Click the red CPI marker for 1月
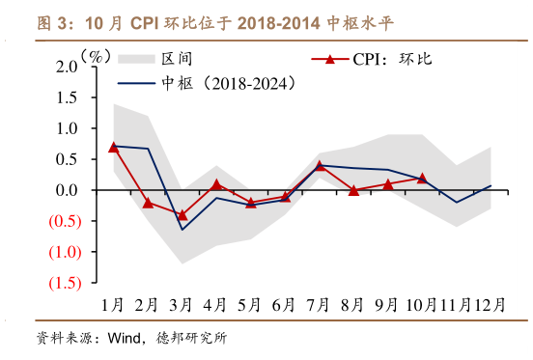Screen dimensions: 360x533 pyautogui.click(x=114, y=147)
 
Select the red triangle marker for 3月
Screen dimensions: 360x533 pyautogui.click(x=182, y=215)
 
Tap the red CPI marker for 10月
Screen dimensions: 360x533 pyautogui.click(x=422, y=179)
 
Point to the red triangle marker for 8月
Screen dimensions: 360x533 pyautogui.click(x=353, y=190)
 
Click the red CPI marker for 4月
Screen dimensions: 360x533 pyautogui.click(x=217, y=183)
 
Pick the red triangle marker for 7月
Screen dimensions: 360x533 pyautogui.click(x=320, y=166)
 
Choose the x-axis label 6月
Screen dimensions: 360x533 pyautogui.click(x=284, y=304)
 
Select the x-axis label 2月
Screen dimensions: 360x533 pyautogui.click(x=148, y=304)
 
